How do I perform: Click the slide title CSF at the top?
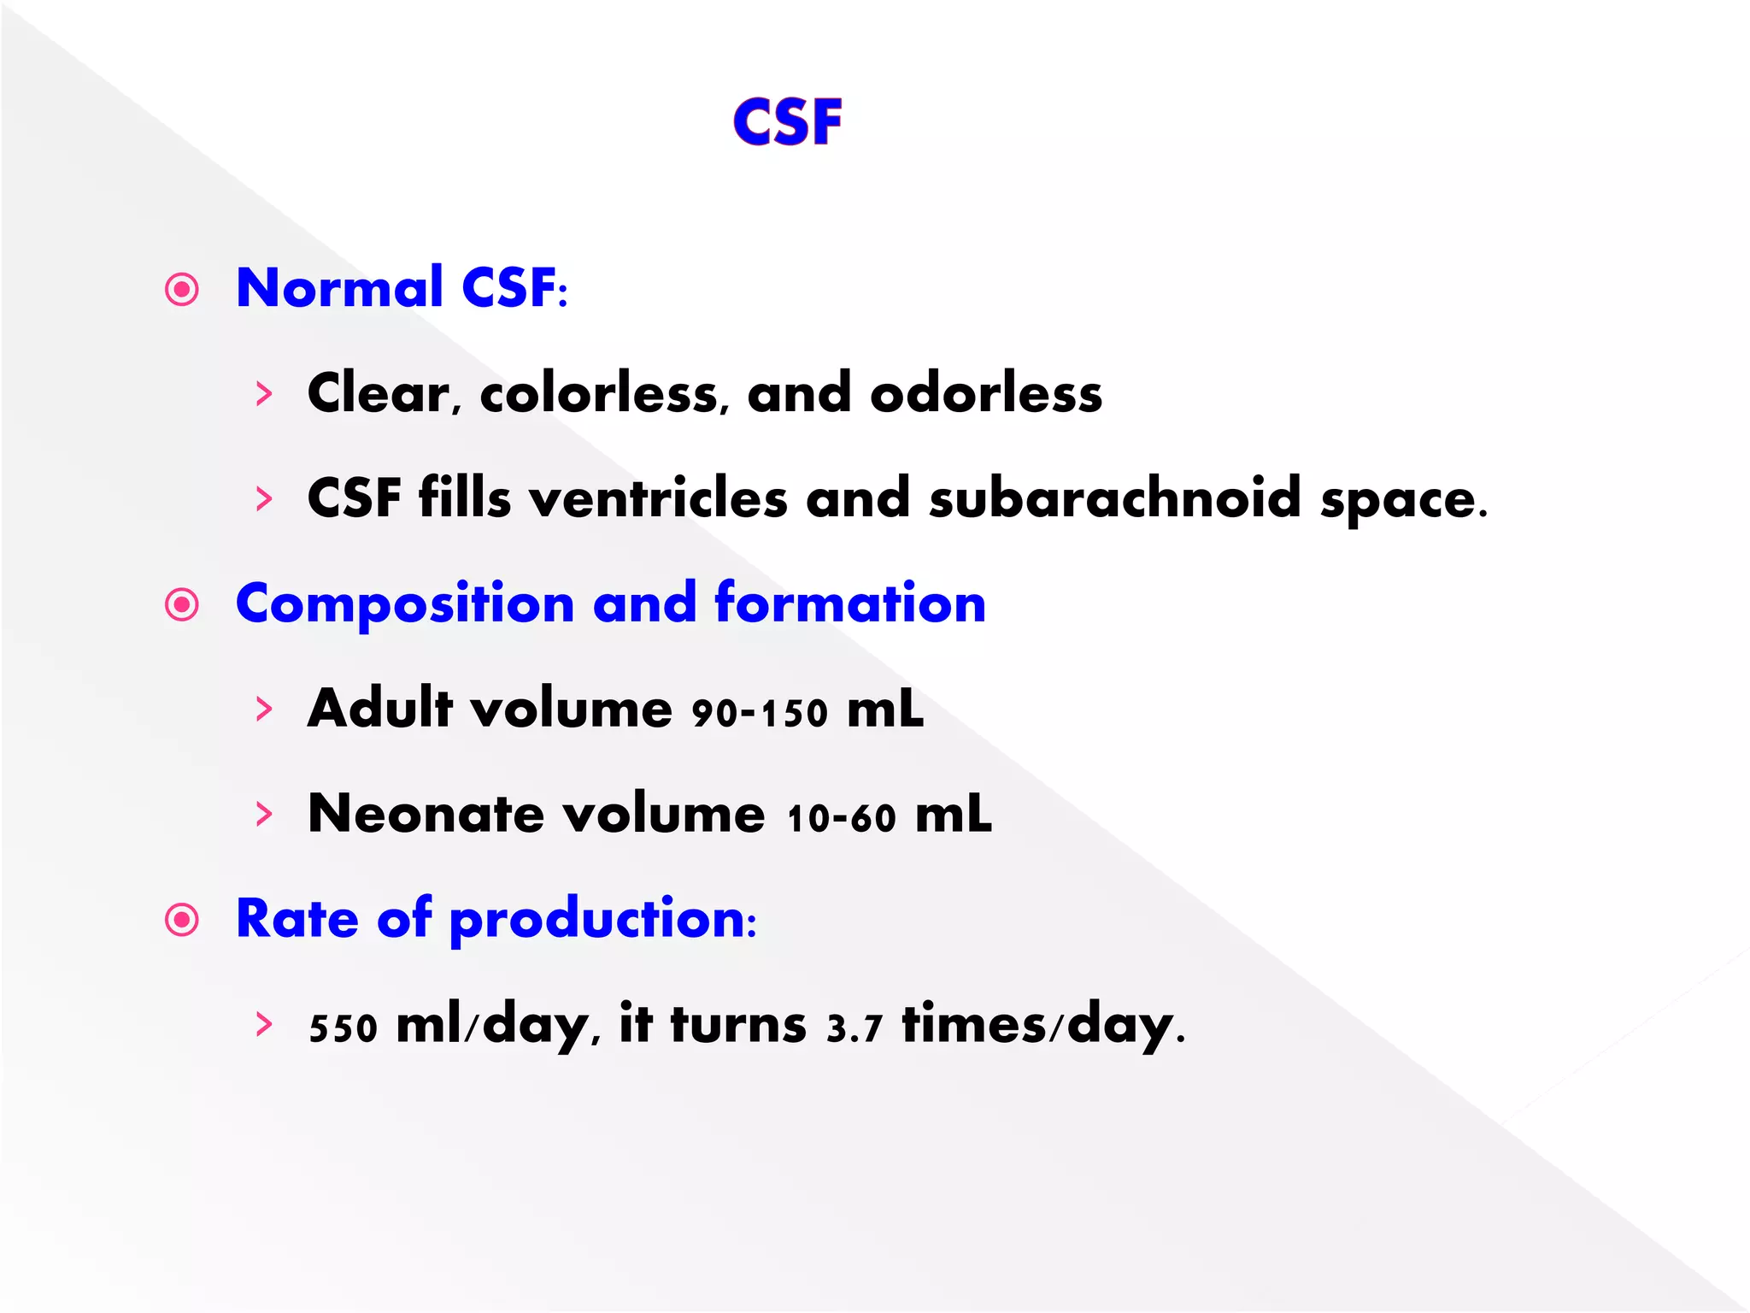(x=788, y=122)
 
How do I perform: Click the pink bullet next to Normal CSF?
(x=182, y=290)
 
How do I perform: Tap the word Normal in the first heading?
(x=339, y=287)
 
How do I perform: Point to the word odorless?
(x=986, y=394)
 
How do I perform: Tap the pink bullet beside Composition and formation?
(x=182, y=605)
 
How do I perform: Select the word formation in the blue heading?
(x=850, y=604)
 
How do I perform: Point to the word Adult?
(x=380, y=709)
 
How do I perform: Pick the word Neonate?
(x=426, y=814)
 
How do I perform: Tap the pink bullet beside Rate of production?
(x=182, y=920)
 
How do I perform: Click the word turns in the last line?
(x=738, y=1024)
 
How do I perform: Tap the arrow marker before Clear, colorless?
(x=264, y=394)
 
